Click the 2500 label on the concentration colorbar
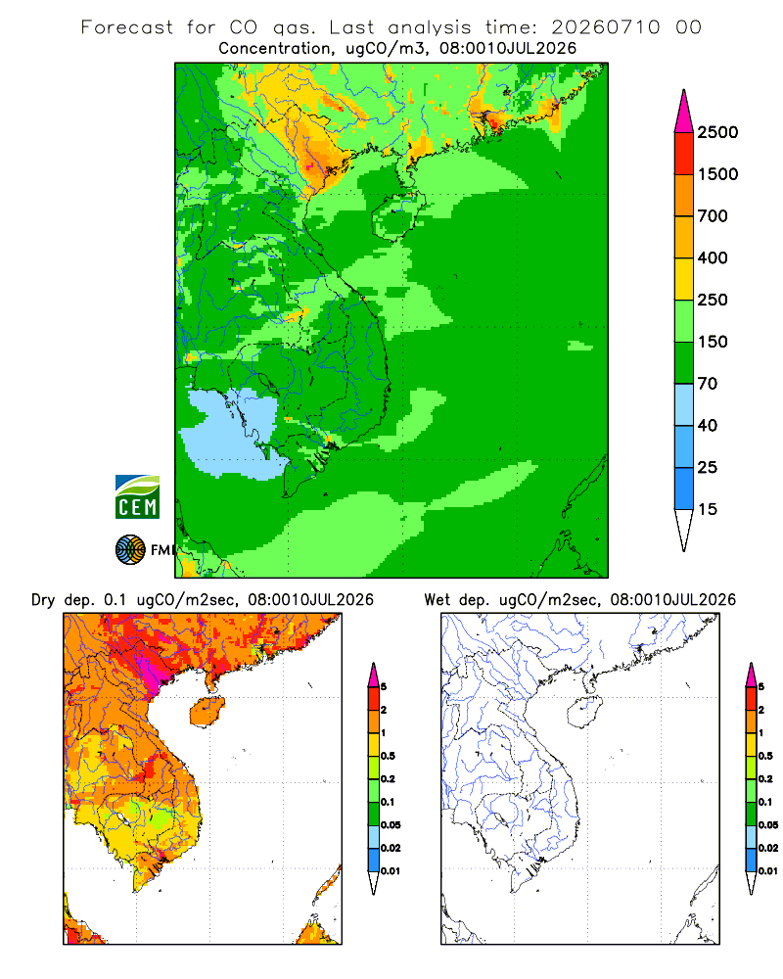click(717, 132)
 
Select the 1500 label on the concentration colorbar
click(717, 174)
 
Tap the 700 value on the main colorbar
click(713, 216)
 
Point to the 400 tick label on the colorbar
click(713, 257)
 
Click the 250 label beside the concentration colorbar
click(713, 300)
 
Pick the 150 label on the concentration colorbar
click(713, 342)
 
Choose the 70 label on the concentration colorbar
click(708, 384)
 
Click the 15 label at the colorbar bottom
click(708, 509)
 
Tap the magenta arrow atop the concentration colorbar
click(684, 112)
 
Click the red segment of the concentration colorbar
click(684, 154)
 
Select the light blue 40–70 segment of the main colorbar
click(684, 404)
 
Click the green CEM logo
click(137, 497)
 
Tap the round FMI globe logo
click(130, 550)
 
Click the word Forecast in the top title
click(127, 27)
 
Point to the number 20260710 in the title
click(605, 27)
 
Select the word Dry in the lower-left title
click(43, 600)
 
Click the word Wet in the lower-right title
click(437, 600)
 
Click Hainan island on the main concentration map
click(397, 216)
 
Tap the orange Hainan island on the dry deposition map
click(207, 713)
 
